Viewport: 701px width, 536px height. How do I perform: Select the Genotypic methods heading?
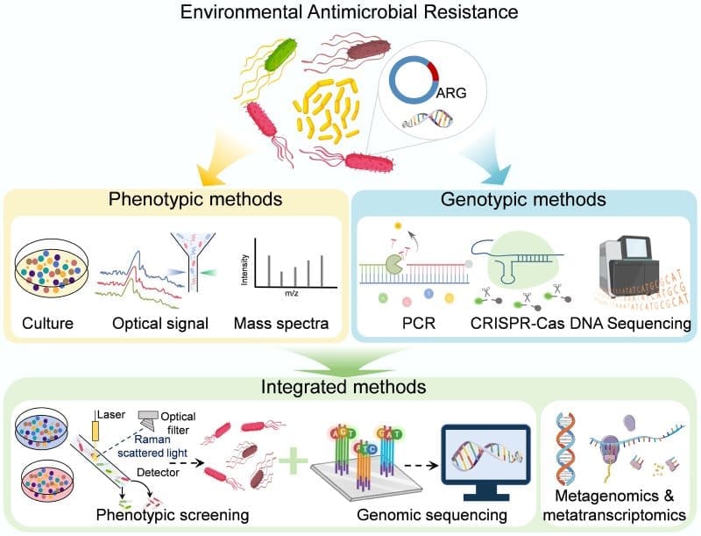[524, 198]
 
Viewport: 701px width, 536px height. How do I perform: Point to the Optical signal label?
[159, 324]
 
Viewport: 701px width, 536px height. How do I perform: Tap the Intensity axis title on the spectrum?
[244, 261]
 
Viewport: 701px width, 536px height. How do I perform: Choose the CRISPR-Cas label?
[513, 324]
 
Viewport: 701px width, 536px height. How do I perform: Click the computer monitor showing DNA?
[486, 456]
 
